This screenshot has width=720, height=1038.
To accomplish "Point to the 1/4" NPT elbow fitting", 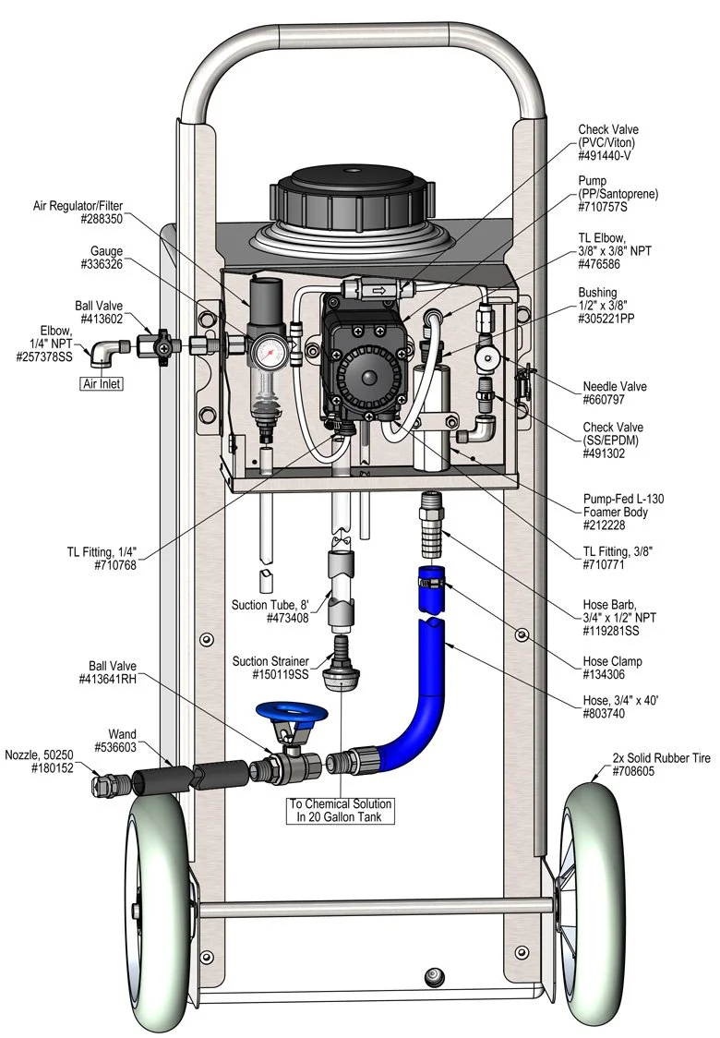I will [x=107, y=352].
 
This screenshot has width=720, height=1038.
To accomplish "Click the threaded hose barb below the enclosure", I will [x=432, y=525].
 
